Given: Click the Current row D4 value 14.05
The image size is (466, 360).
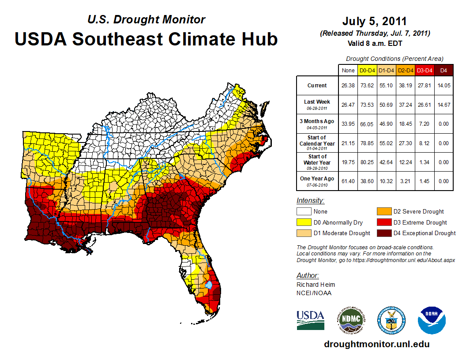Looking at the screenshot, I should pos(443,86).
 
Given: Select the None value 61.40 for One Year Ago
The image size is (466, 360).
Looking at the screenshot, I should pos(348,181).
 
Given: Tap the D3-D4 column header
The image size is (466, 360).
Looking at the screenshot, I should pos(424,70).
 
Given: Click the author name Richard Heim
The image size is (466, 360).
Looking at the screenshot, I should pos(316,285).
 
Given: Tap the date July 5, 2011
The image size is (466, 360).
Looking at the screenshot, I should pos(375,21).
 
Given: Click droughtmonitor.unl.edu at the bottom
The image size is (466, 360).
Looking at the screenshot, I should pos(376,344).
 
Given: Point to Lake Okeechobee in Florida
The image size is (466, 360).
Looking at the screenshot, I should pos(209,285).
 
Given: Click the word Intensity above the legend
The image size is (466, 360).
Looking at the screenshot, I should pos(310,201).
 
